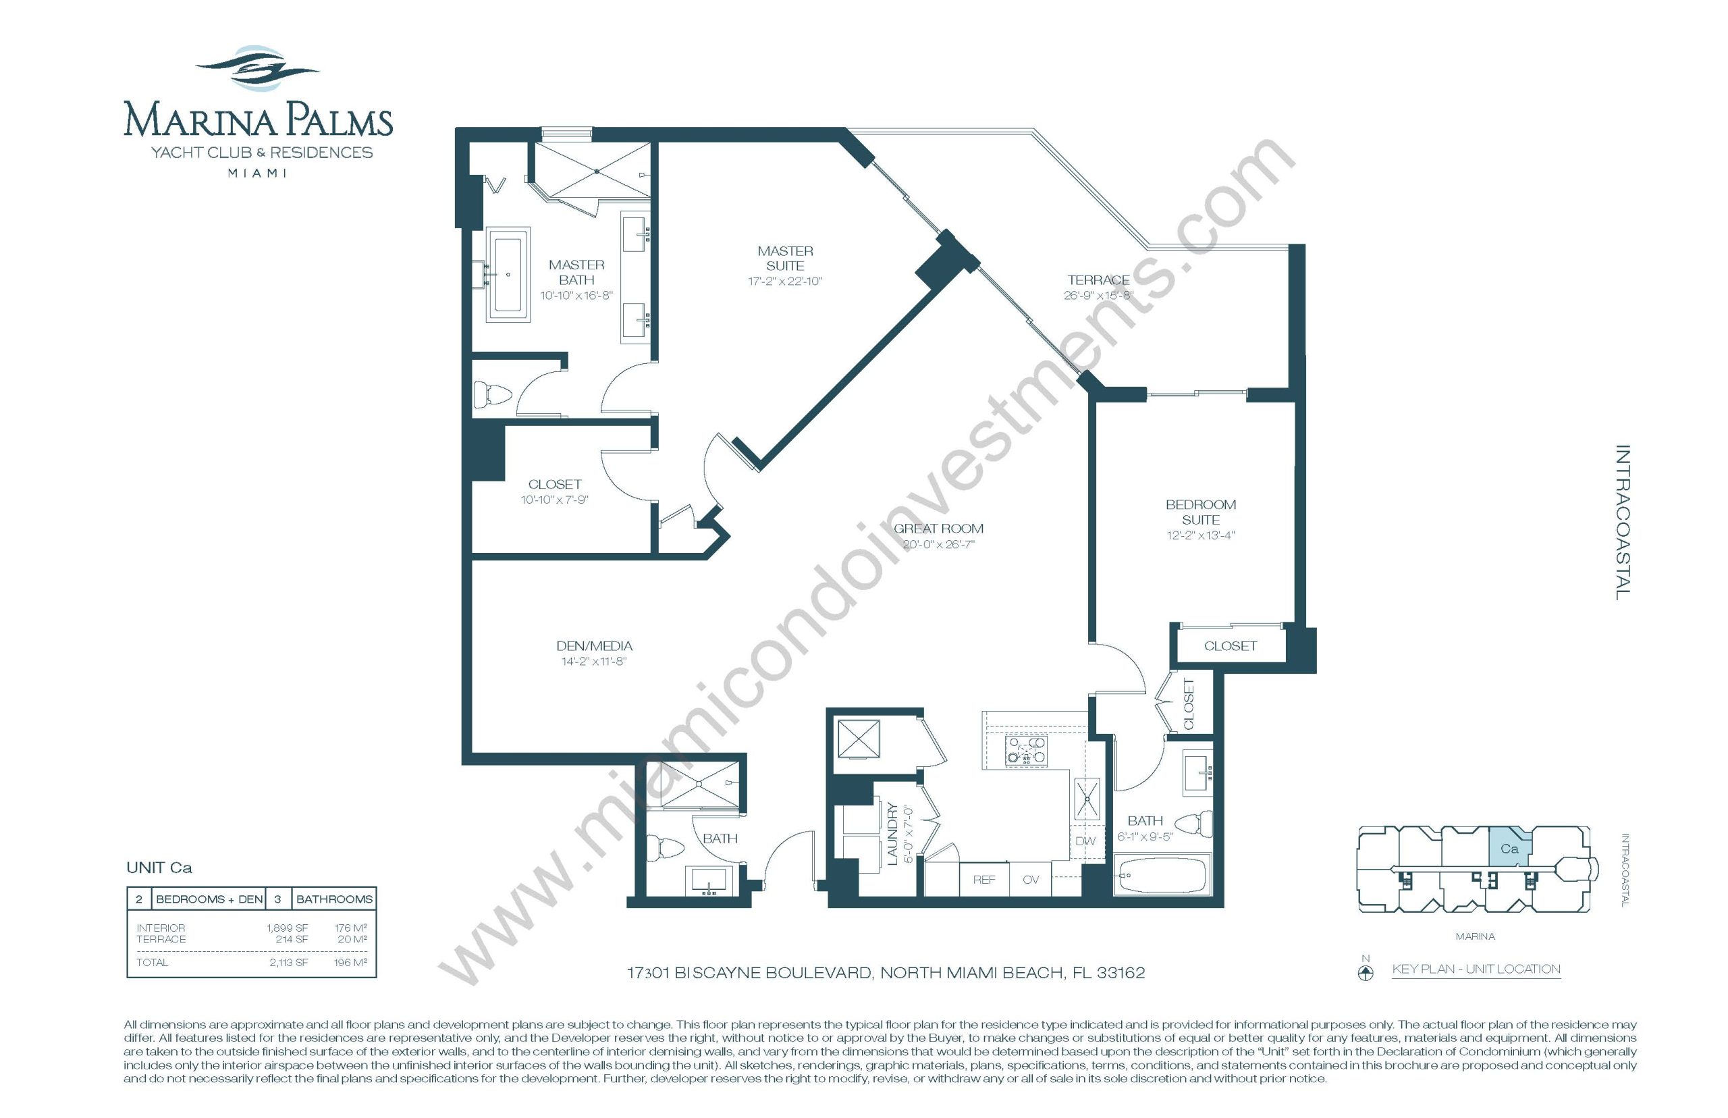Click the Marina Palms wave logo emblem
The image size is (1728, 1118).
(257, 69)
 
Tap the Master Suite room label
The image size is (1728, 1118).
(784, 258)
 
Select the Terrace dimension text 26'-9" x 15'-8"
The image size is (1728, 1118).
(1098, 296)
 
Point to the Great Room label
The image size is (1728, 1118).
(938, 529)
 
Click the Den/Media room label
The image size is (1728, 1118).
(593, 645)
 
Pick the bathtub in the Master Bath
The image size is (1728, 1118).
(508, 274)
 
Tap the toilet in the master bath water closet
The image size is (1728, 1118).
(492, 395)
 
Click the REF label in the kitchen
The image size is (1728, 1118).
(983, 879)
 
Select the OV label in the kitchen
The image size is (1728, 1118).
(1031, 879)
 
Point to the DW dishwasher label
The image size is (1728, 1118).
(1085, 841)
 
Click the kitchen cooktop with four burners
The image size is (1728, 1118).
(1025, 750)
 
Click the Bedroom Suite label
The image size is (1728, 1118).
(1200, 512)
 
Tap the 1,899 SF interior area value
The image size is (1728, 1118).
(288, 928)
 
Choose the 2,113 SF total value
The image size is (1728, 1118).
(289, 963)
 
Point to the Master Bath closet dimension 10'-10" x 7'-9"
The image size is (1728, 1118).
(554, 500)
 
